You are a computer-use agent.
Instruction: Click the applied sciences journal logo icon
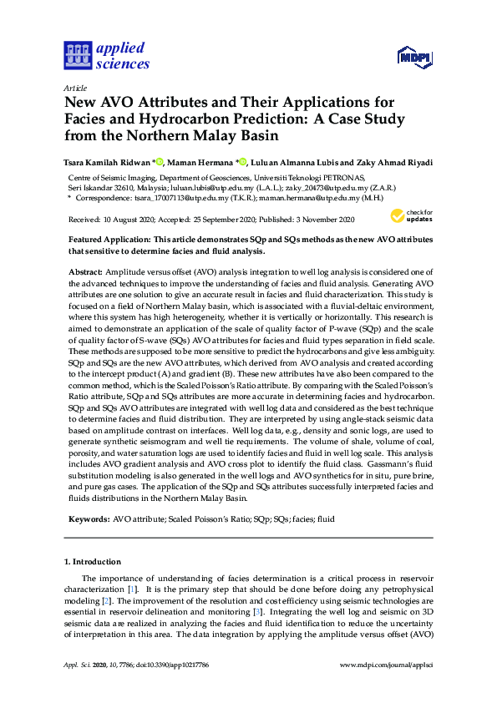click(77, 55)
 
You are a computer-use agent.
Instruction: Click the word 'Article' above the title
click(75, 87)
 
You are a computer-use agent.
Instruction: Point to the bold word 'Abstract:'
click(84, 272)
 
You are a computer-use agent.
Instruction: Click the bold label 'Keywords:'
click(88, 518)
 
